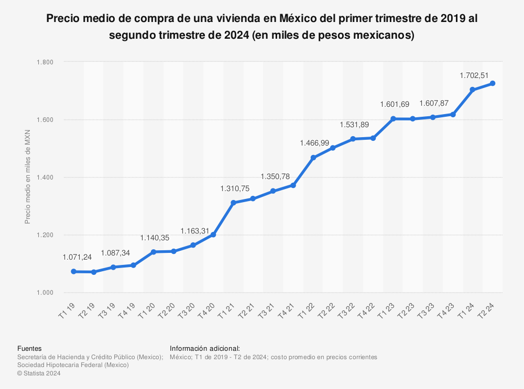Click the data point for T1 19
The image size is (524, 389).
[x=73, y=272]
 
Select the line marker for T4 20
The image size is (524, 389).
[x=213, y=235]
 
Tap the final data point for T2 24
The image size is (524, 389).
[x=493, y=83]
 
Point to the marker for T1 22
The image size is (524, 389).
[x=313, y=158]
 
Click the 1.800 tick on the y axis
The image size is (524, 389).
[x=45, y=62]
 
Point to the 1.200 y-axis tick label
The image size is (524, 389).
[x=45, y=235]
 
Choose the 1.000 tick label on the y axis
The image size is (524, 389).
[x=45, y=293]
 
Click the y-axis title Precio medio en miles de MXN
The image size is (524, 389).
[x=28, y=177]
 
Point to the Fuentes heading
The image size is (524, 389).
[x=29, y=348]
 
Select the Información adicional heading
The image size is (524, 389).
[x=205, y=348]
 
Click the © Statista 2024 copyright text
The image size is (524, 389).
[x=39, y=373]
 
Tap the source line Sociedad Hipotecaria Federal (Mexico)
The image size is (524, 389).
[x=73, y=365]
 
